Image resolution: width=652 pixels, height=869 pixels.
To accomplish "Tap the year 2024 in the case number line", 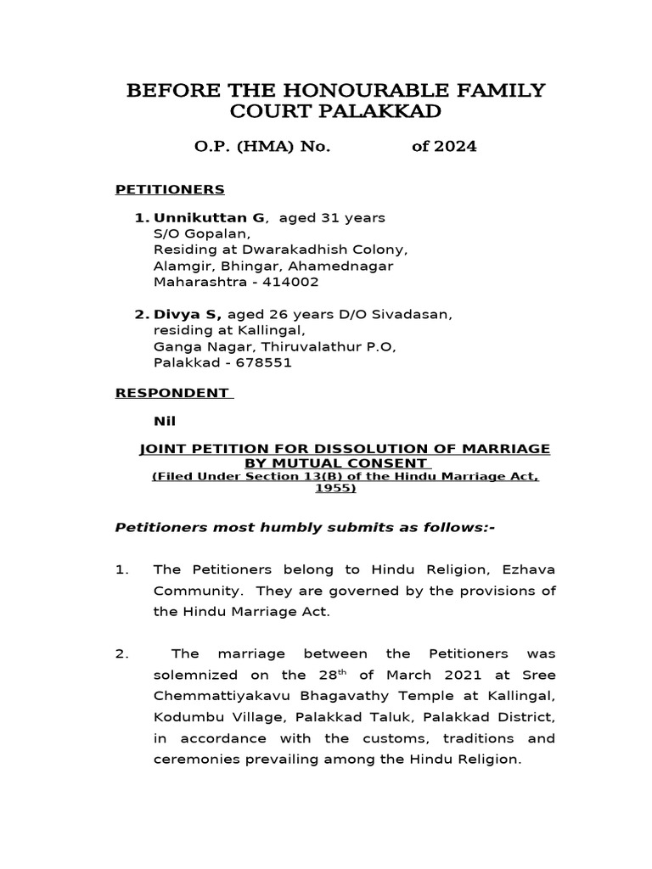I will pos(455,147).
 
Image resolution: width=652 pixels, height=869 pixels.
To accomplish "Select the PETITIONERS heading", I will pos(170,189).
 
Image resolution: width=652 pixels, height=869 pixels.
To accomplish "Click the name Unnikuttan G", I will pos(209,218).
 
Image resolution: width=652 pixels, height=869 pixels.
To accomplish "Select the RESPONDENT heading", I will pos(172,393).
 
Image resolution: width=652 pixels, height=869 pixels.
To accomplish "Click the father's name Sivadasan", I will pos(407,315).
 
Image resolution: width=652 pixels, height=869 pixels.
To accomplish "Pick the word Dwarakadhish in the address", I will pos(286,250).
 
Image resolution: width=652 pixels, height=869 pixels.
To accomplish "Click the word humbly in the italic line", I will pos(287,529).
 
